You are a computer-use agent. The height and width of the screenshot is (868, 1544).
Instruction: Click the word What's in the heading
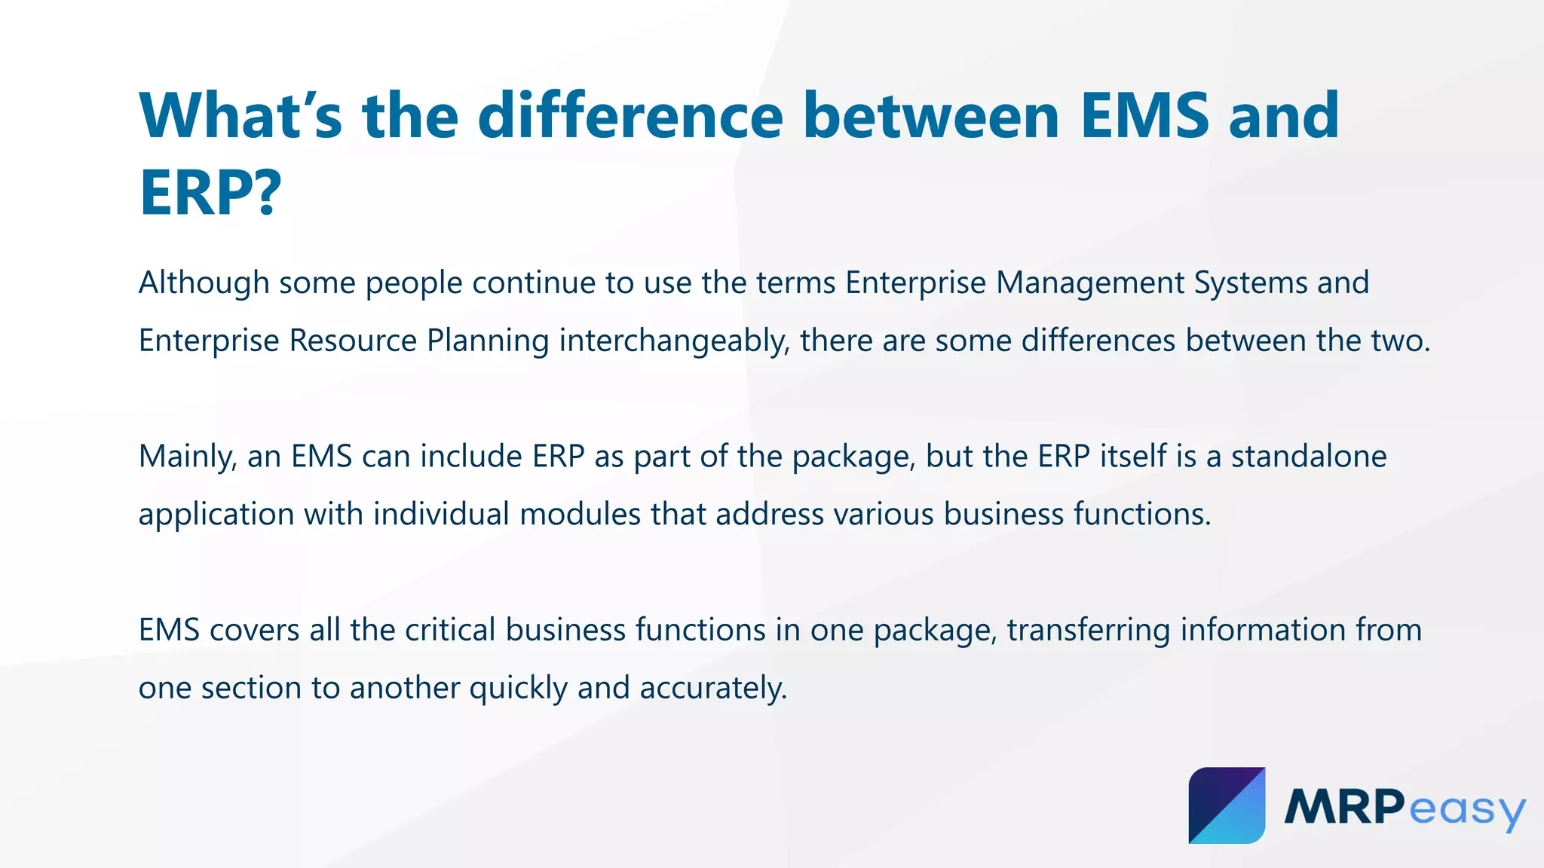[x=240, y=116]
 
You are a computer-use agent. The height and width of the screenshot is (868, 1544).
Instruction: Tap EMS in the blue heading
[x=1144, y=116]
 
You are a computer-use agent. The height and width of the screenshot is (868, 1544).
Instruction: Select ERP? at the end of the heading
[x=210, y=193]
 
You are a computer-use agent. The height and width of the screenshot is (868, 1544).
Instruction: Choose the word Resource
[x=353, y=341]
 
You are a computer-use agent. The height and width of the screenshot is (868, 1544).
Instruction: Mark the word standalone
[x=1309, y=457]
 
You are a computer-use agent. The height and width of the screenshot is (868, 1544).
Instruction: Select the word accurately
[x=713, y=689]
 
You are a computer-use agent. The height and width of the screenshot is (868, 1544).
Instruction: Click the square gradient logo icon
[x=1227, y=805]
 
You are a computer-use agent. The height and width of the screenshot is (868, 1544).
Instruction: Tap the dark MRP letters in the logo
[x=1344, y=806]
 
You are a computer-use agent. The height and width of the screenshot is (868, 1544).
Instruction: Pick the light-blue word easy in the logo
[x=1466, y=811]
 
